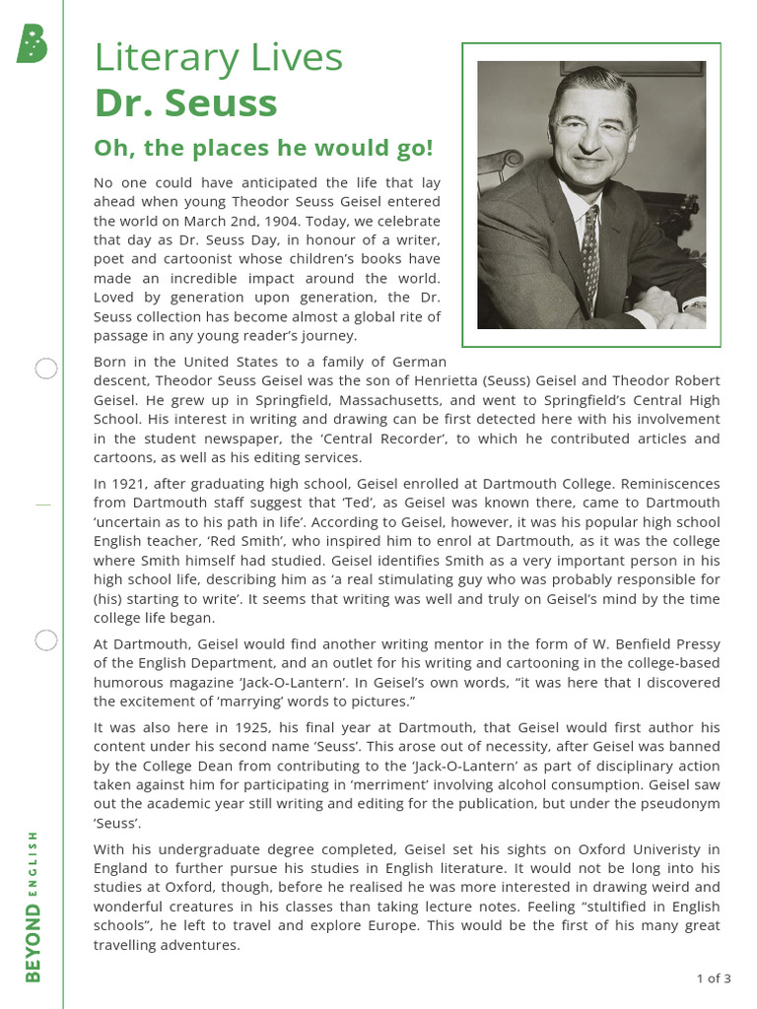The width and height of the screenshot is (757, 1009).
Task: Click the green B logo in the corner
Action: pyautogui.click(x=32, y=43)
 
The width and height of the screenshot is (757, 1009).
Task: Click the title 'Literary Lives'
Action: pyautogui.click(x=218, y=58)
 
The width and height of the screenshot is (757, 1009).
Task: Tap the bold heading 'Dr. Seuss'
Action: pyautogui.click(x=185, y=103)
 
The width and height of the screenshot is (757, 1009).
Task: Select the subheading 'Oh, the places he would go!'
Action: pyautogui.click(x=263, y=149)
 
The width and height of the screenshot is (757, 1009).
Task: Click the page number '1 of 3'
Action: pyautogui.click(x=713, y=978)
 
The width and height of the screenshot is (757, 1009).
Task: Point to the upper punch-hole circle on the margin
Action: pyautogui.click(x=45, y=370)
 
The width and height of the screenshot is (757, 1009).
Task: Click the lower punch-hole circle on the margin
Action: pyautogui.click(x=45, y=640)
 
